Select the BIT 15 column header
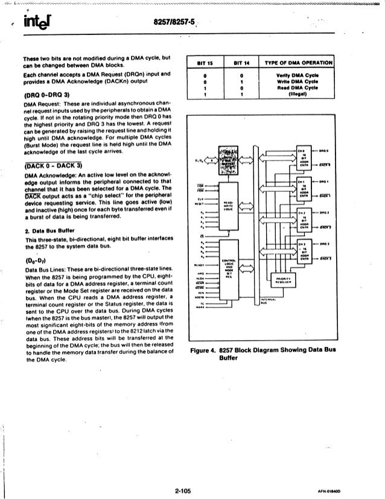207,62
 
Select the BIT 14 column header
241,62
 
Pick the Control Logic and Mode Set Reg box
227,269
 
